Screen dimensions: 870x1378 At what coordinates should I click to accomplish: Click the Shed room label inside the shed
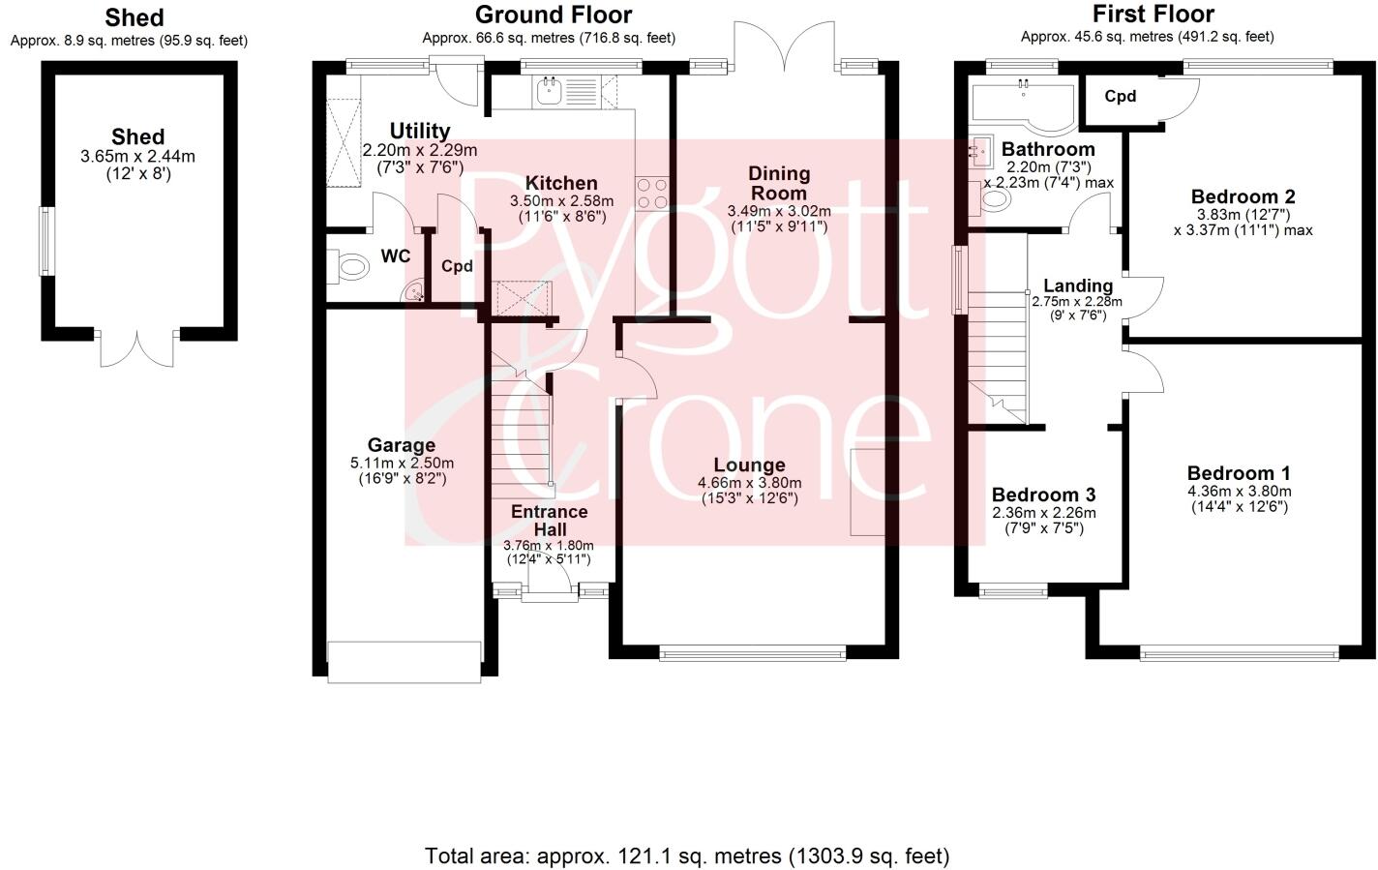pos(137,136)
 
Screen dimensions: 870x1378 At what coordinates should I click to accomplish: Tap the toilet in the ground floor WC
pos(349,266)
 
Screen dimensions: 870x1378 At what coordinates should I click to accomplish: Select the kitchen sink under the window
pos(549,91)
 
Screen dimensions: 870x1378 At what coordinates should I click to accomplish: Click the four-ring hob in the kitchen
pos(652,193)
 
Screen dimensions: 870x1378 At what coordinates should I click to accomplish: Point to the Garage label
pos(401,445)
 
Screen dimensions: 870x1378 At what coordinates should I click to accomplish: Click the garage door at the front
pos(404,662)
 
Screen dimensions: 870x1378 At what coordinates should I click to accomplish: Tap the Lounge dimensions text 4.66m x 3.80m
pos(749,483)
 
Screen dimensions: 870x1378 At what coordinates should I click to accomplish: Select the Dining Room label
pos(779,183)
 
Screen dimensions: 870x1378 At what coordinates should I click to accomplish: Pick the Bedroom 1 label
pos(1238,473)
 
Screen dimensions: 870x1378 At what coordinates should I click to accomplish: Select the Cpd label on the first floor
pos(1120,97)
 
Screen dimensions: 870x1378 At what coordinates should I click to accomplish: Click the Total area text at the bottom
pos(687,856)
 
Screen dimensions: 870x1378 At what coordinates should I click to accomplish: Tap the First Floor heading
pos(1153,15)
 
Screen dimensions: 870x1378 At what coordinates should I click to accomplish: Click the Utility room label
pos(419,131)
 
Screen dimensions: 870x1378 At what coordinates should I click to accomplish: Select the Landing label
pos(1077,285)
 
